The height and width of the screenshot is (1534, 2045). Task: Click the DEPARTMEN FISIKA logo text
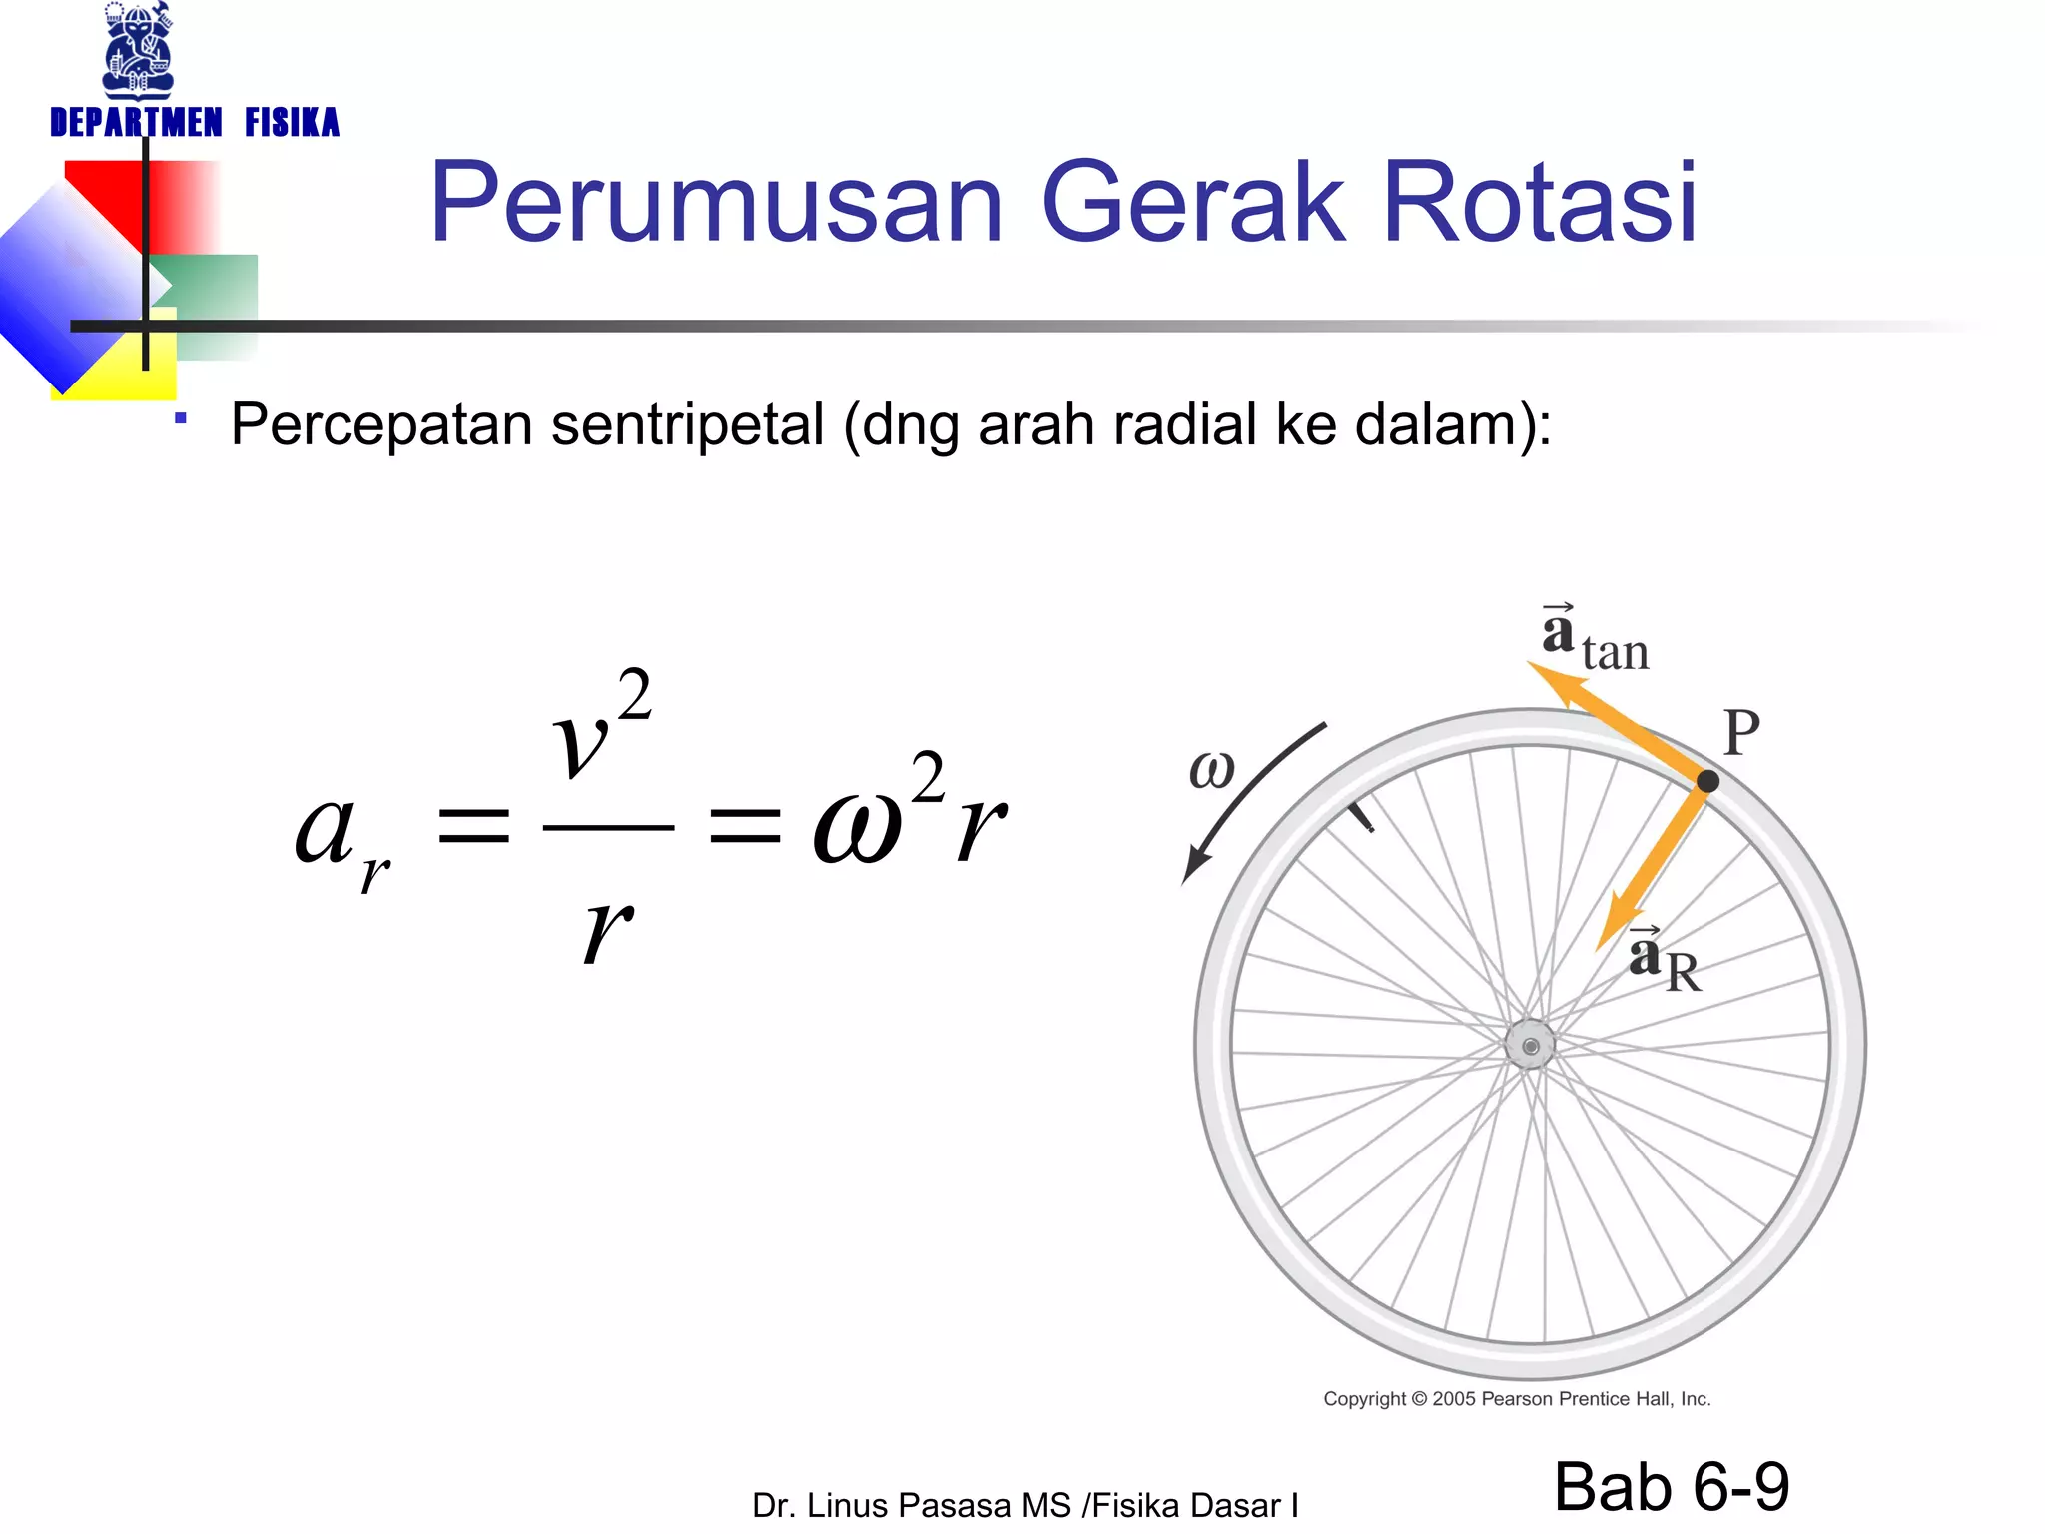click(x=195, y=123)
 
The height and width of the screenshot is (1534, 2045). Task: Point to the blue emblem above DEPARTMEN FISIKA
click(x=139, y=50)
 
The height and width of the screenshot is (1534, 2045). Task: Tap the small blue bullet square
click(x=181, y=419)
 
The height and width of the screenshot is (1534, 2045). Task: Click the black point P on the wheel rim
click(x=1707, y=781)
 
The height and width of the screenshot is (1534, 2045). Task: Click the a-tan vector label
click(x=1594, y=639)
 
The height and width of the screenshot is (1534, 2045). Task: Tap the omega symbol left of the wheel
click(x=1212, y=770)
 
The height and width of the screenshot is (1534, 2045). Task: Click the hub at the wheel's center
click(x=1530, y=1046)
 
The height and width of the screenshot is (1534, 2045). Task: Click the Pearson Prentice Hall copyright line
click(x=1517, y=1399)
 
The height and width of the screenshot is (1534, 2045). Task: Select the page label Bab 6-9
click(x=1672, y=1486)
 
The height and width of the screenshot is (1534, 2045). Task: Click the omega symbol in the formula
click(x=857, y=829)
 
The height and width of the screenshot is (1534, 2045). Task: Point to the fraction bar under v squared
click(x=608, y=828)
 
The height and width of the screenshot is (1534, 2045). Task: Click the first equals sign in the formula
click(x=475, y=828)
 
